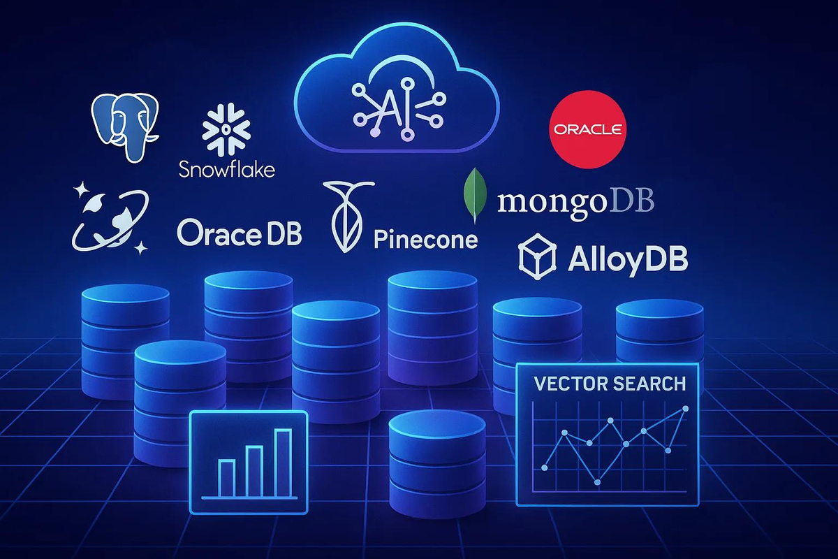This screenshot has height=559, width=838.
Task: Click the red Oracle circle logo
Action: (x=587, y=129)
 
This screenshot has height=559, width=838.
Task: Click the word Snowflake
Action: (x=227, y=168)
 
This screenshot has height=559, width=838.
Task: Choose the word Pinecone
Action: (x=426, y=240)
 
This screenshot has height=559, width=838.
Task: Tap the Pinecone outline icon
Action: (x=345, y=216)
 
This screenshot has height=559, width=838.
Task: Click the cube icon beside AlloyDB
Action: (x=536, y=255)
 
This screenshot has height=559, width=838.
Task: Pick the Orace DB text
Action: (x=239, y=233)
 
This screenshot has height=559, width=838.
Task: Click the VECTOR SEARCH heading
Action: (x=609, y=383)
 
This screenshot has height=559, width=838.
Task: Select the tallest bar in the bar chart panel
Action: (x=283, y=463)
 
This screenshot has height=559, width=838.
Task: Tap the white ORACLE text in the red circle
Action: (x=587, y=130)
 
